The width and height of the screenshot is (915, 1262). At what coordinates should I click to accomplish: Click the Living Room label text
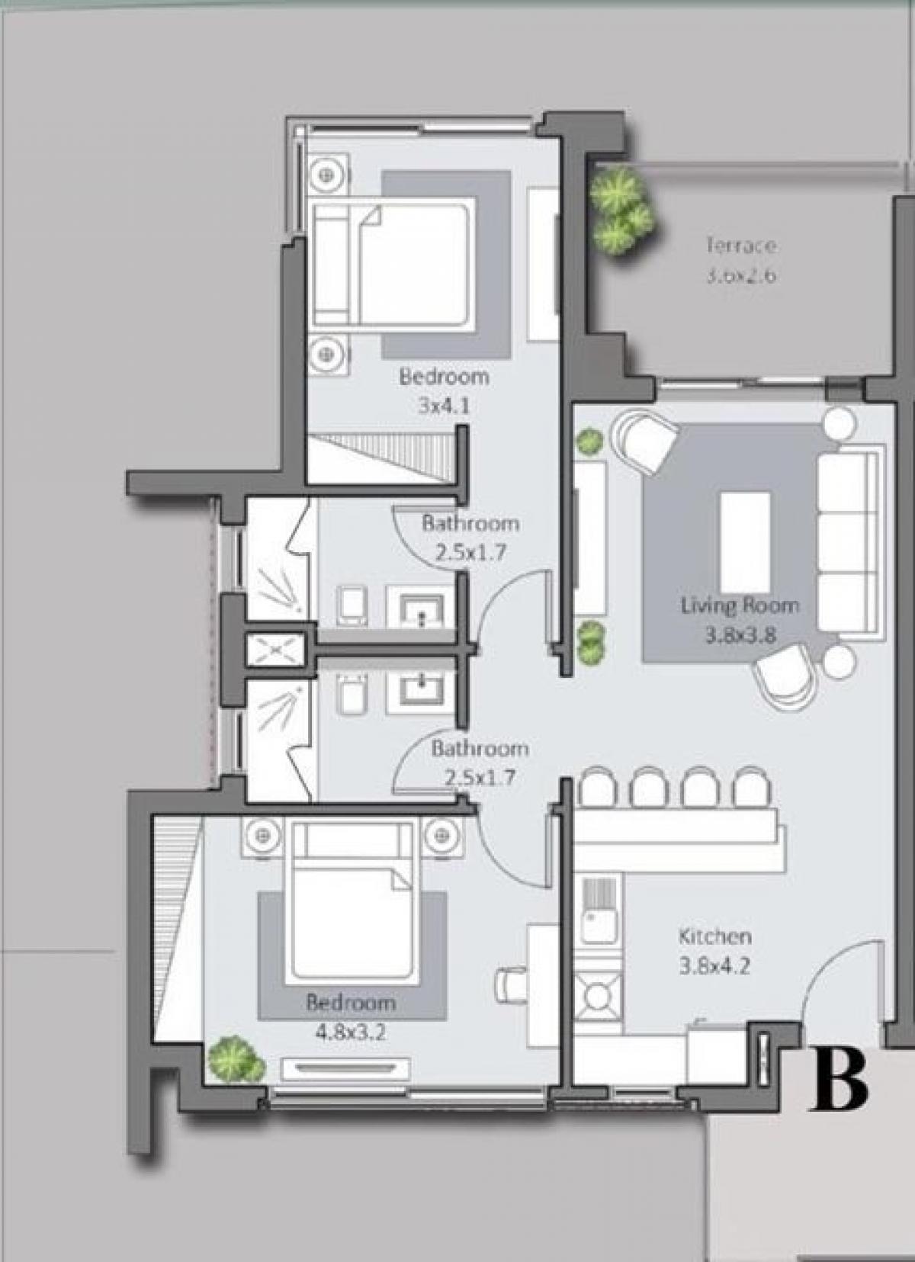pyautogui.click(x=740, y=606)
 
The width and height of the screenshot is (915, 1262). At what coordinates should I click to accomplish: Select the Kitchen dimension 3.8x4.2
pyautogui.click(x=714, y=966)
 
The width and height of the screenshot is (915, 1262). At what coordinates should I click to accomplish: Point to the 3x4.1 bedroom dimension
pyautogui.click(x=444, y=406)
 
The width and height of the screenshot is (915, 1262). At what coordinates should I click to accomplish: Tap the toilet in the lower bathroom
pyautogui.click(x=351, y=695)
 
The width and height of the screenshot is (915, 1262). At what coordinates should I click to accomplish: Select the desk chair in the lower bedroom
pyautogui.click(x=510, y=984)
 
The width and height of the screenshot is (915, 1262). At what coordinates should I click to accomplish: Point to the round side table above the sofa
pyautogui.click(x=840, y=424)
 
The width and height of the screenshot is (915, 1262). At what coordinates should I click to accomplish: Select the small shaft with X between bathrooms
pyautogui.click(x=274, y=650)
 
